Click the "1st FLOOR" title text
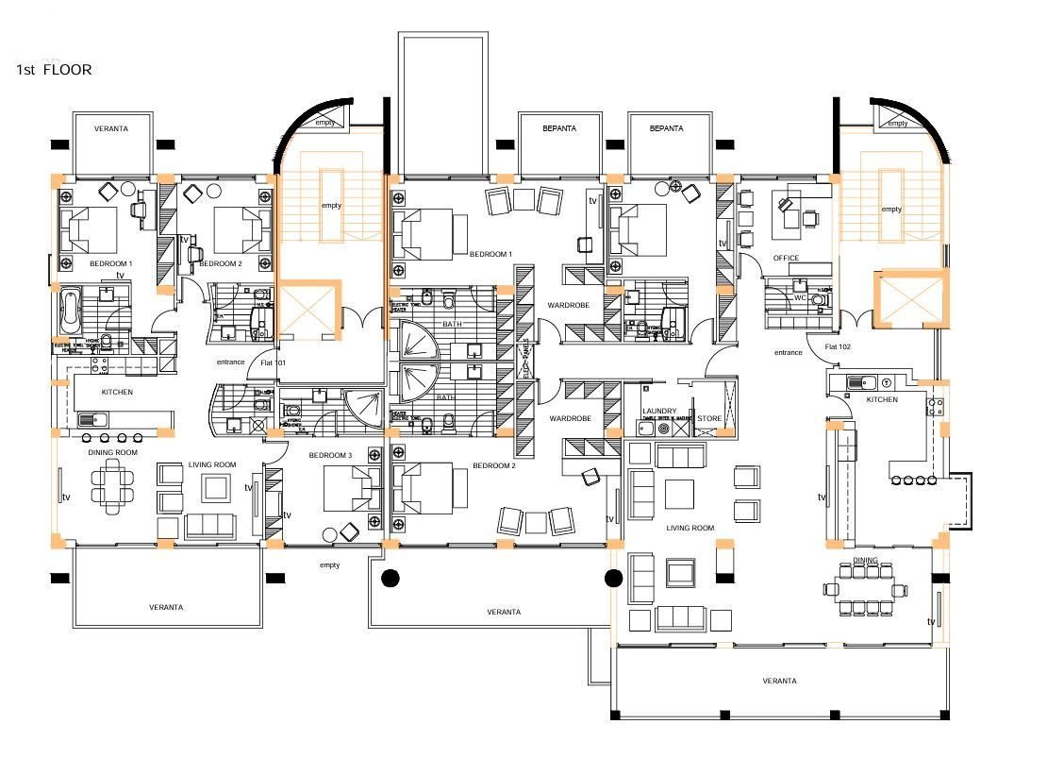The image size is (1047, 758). tap(54, 69)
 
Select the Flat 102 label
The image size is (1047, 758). tap(838, 346)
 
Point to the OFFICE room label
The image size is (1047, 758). tap(786, 258)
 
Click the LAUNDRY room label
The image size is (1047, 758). tap(658, 412)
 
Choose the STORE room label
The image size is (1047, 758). tap(709, 417)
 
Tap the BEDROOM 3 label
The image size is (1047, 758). tap(330, 455)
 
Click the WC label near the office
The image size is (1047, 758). tap(800, 297)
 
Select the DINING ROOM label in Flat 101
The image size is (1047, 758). tap(113, 452)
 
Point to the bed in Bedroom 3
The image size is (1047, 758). tap(352, 490)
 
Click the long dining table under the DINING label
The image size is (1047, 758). tap(866, 589)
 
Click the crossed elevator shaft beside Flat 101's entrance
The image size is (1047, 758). tap(307, 311)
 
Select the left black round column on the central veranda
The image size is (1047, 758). tap(390, 578)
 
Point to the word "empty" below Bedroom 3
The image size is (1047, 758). tap(329, 565)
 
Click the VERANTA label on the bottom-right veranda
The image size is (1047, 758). tap(779, 681)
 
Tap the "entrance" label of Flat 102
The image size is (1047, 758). tap(789, 352)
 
